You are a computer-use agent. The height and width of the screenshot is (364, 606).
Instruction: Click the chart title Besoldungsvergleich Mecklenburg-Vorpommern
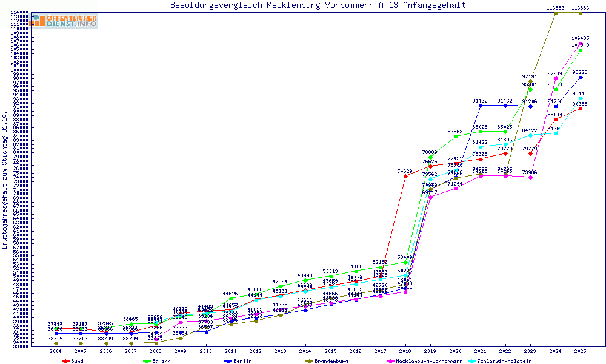pyautogui.click(x=318, y=5)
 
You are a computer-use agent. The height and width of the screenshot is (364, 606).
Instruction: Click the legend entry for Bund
pyautogui.click(x=76, y=361)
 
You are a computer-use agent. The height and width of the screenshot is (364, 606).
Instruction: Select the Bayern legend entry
pyautogui.click(x=161, y=361)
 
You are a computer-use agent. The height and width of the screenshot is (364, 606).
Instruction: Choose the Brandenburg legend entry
pyautogui.click(x=331, y=361)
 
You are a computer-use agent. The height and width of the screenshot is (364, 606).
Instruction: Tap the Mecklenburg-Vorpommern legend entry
pyautogui.click(x=429, y=361)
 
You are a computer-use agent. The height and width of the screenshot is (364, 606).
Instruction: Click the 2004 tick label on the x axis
pyautogui.click(x=56, y=351)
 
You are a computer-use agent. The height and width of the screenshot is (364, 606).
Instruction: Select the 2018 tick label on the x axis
pyautogui.click(x=405, y=351)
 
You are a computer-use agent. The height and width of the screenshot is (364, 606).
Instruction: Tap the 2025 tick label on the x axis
pyautogui.click(x=581, y=351)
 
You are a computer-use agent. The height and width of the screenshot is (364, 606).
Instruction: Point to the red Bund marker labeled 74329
pyautogui.click(x=405, y=177)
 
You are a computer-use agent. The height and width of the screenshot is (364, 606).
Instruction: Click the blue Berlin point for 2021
pyautogui.click(x=481, y=106)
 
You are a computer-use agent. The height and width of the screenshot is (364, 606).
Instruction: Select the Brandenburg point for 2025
pyautogui.click(x=581, y=12)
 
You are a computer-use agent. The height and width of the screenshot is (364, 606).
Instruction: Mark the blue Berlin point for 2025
pyautogui.click(x=581, y=77)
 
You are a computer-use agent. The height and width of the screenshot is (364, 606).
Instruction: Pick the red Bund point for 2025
pyautogui.click(x=581, y=109)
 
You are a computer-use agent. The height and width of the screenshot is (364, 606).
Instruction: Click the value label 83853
pyautogui.click(x=456, y=132)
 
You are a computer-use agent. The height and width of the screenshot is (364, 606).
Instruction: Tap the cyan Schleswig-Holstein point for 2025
pyautogui.click(x=581, y=98)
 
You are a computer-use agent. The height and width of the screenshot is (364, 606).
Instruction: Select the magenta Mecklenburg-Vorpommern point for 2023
pyautogui.click(x=531, y=177)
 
